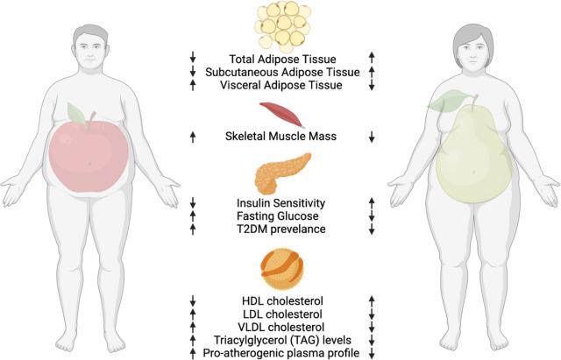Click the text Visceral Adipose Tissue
pyautogui.click(x=281, y=85)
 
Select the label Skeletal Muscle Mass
pyautogui.click(x=281, y=136)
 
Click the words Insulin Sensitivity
pyautogui.click(x=281, y=201)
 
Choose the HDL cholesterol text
pyautogui.click(x=281, y=300)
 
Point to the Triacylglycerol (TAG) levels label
pyautogui.click(x=281, y=339)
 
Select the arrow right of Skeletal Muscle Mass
pyautogui.click(x=372, y=136)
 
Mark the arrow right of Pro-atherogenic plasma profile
pyautogui.click(x=372, y=352)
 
